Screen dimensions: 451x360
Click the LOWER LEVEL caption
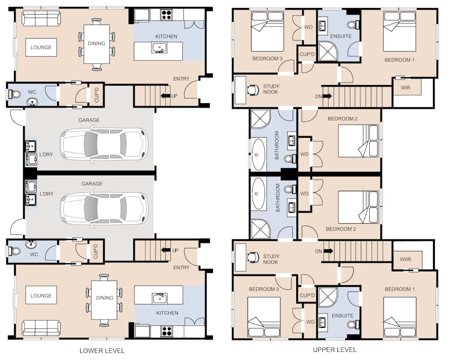(102, 351)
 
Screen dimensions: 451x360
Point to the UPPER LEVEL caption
(335, 349)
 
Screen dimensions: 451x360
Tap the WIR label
(405, 87)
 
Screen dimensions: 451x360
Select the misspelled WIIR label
(405, 259)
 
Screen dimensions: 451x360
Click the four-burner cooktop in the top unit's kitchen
(166, 15)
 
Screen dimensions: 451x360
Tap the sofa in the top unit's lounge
(41, 18)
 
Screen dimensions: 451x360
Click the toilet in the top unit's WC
(15, 94)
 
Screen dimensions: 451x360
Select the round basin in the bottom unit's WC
(31, 244)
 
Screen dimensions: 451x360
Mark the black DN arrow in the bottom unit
(328, 251)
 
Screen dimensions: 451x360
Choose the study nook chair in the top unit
(252, 89)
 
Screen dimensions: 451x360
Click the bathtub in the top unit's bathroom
(259, 155)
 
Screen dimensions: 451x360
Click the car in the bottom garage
(104, 209)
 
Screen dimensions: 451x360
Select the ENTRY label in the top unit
(181, 79)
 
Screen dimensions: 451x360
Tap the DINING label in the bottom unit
(105, 298)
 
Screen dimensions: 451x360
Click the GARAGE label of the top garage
(89, 120)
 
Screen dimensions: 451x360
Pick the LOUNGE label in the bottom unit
(41, 295)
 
